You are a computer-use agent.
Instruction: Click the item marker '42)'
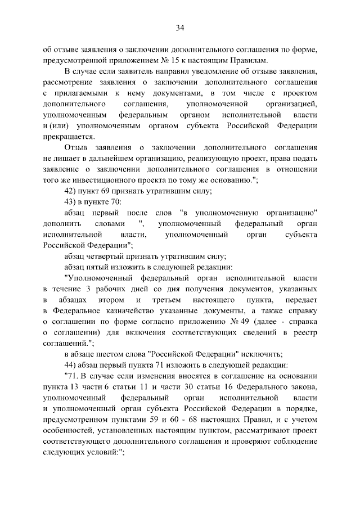click(x=71, y=191)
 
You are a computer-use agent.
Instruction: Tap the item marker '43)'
click(x=71, y=202)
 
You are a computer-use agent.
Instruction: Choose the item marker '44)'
click(x=71, y=364)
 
